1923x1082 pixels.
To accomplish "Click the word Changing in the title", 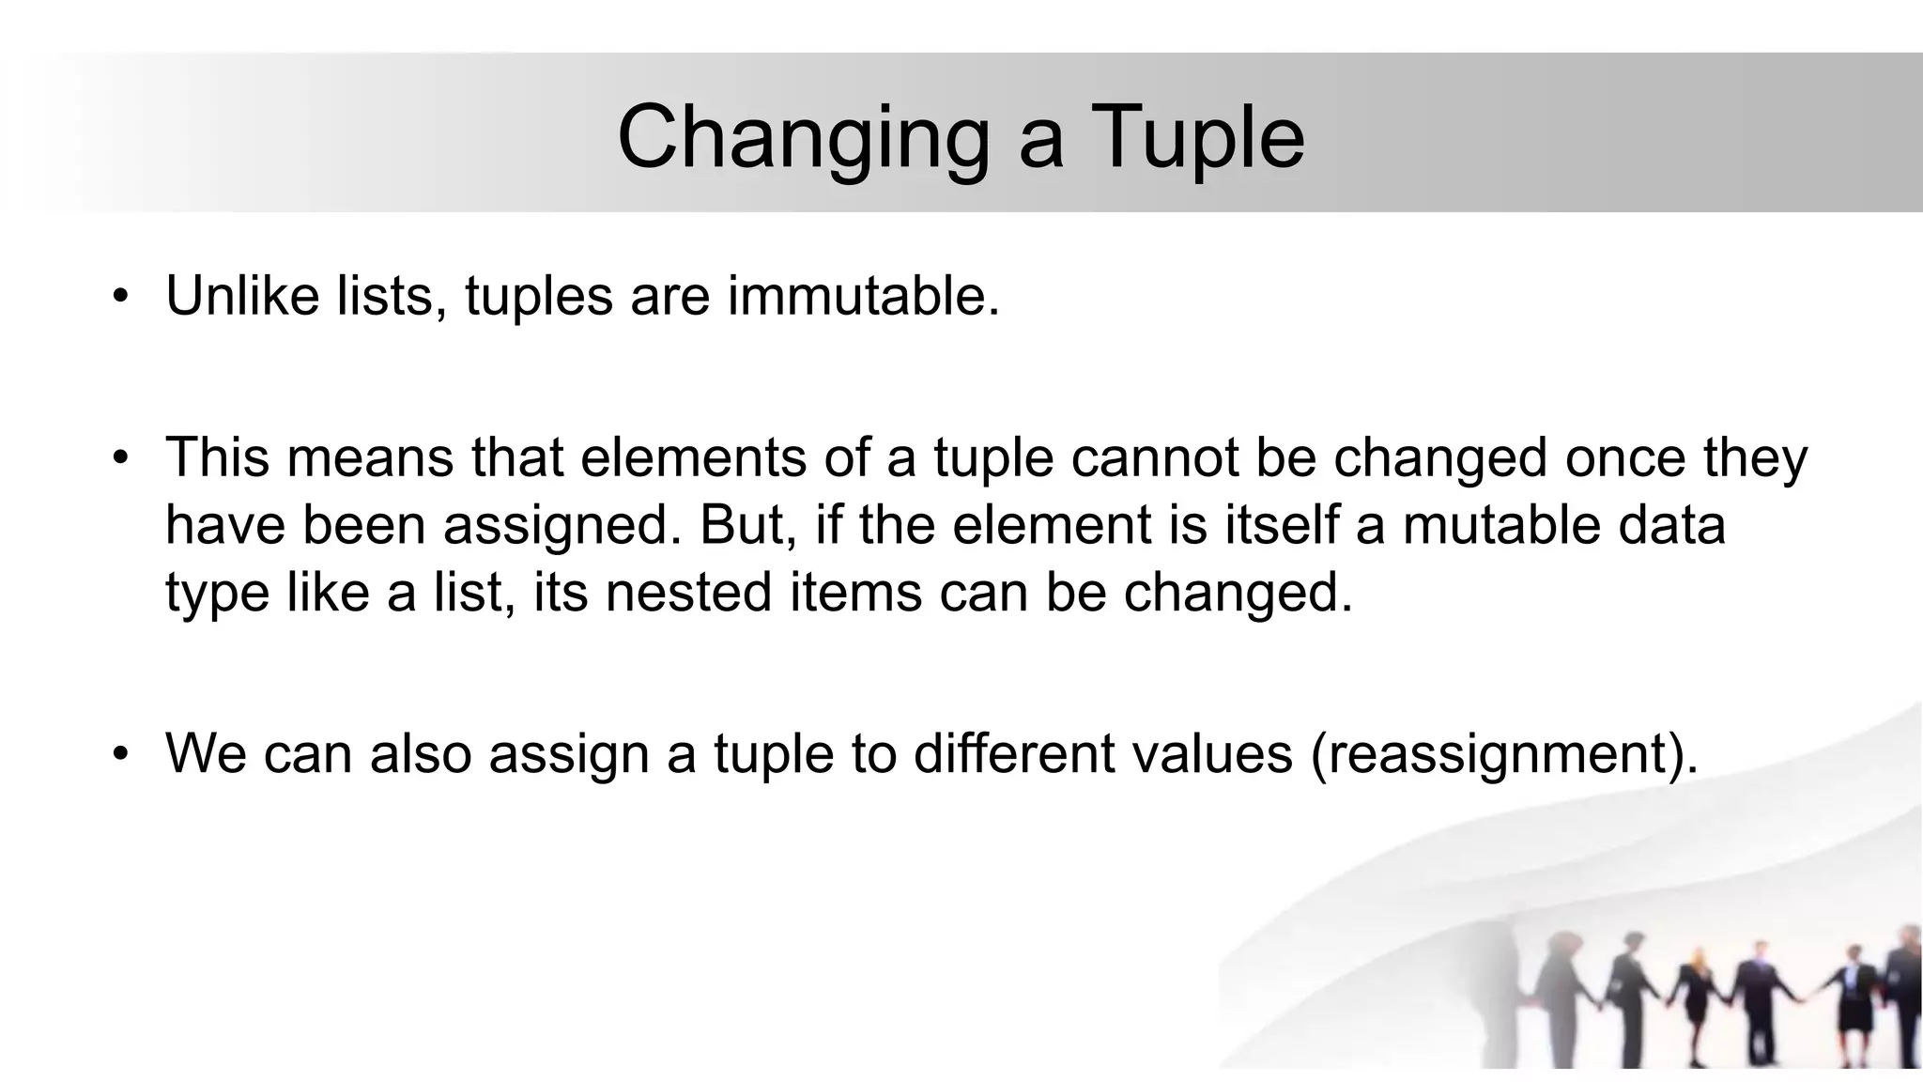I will [803, 139].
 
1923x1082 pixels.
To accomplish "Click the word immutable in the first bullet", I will [863, 296].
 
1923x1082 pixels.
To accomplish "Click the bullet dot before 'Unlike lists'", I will [119, 298].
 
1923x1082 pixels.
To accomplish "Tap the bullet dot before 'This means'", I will [119, 459].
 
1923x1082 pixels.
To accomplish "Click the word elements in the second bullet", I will [693, 457].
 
